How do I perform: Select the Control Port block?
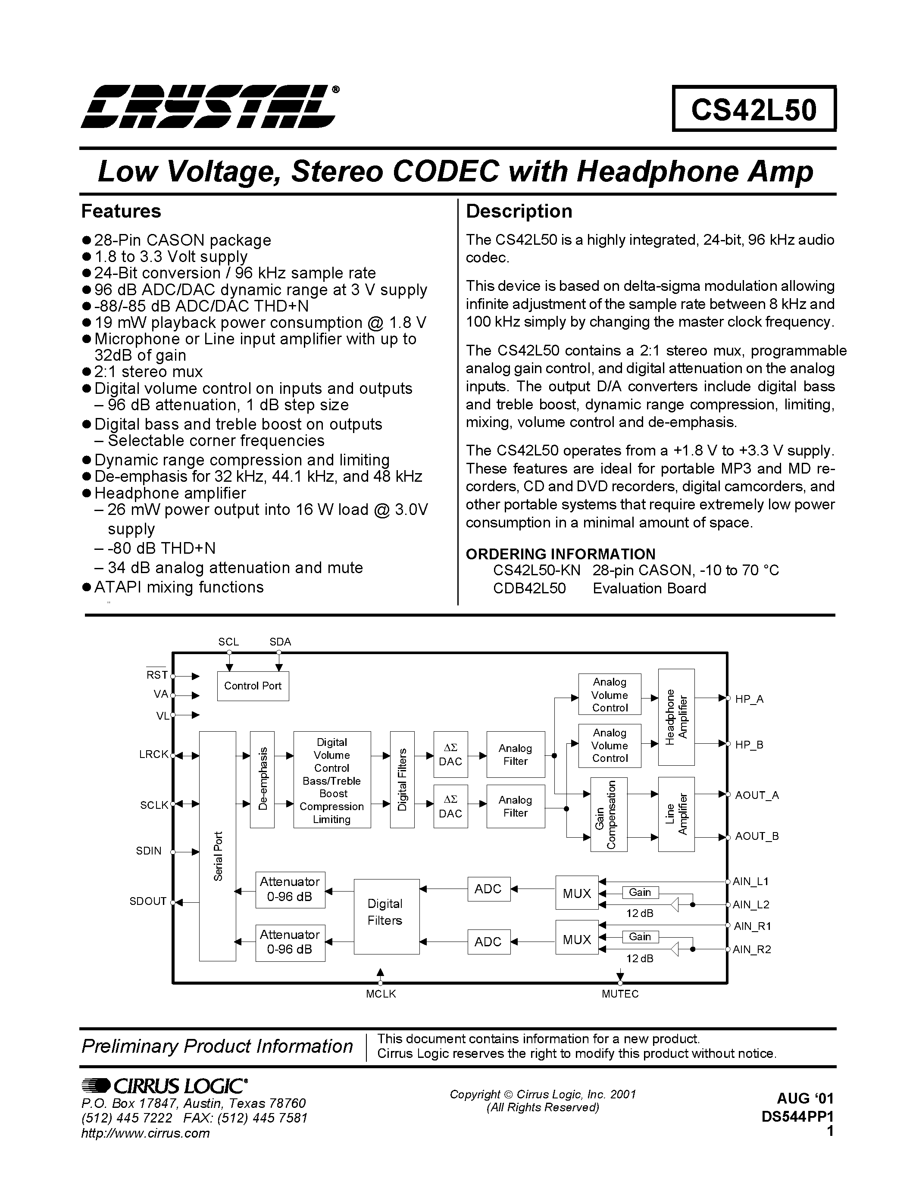click(253, 686)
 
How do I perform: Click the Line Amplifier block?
click(676, 814)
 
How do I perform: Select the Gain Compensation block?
click(609, 814)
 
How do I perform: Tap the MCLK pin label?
click(381, 994)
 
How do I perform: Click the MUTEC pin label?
click(620, 994)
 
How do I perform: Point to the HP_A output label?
click(750, 699)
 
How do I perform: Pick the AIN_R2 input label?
click(752, 950)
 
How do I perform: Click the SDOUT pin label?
click(147, 901)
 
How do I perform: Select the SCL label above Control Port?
click(228, 642)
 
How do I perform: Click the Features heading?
click(121, 211)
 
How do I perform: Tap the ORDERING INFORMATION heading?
click(560, 554)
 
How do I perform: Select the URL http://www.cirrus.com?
click(145, 1133)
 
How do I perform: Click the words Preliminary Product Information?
click(217, 1046)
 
